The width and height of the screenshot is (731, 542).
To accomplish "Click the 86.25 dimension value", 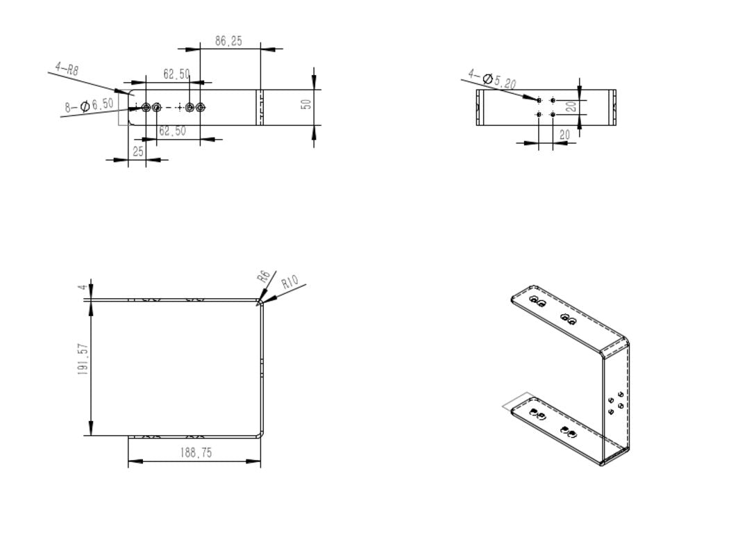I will point(228,42).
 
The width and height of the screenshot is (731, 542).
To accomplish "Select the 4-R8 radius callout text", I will point(67,69).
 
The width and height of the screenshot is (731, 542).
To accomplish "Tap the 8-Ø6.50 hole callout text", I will point(90,106).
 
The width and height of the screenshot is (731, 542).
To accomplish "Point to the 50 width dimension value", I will point(305,104).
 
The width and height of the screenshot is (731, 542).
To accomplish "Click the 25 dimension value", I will point(139,151).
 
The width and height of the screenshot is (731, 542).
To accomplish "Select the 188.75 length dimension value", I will point(196,453).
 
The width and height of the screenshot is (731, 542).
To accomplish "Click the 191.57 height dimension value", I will point(82,359).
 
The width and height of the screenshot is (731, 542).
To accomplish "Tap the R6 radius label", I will point(263,276).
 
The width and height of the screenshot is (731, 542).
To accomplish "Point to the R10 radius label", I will point(290,281).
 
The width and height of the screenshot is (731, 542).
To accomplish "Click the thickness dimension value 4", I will point(82,287).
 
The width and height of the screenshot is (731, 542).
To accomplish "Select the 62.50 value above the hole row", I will point(176,74).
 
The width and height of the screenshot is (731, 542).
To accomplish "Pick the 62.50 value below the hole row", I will point(172,131).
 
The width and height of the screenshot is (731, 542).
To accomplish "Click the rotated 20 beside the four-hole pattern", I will point(569,107).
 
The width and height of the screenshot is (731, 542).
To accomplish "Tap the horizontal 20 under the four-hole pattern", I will point(564,134).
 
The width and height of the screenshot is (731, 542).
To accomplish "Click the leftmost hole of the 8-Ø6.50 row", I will point(146,107).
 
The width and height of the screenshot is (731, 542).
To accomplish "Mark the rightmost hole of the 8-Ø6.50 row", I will point(201,107).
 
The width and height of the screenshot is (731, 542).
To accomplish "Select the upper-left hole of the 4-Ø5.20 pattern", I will point(539,100).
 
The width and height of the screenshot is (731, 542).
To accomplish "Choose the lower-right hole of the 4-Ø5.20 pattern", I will point(553,114).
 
